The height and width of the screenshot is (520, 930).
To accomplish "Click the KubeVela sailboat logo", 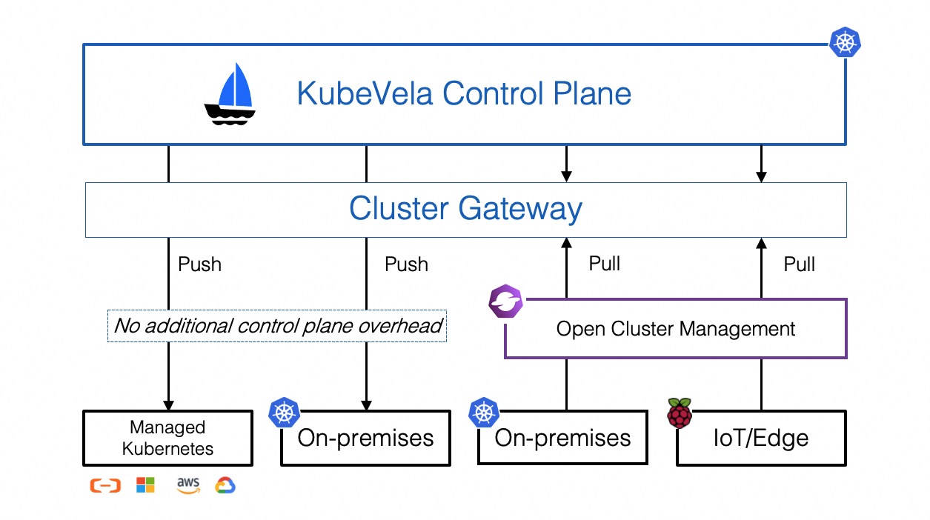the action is pyautogui.click(x=230, y=94).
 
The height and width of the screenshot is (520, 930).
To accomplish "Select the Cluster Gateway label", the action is pyautogui.click(x=465, y=209).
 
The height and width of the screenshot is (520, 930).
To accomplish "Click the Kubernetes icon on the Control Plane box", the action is pyautogui.click(x=845, y=42).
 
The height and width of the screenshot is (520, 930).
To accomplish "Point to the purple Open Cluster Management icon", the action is pyautogui.click(x=505, y=301).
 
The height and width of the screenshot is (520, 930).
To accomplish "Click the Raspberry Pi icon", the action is pyautogui.click(x=680, y=413).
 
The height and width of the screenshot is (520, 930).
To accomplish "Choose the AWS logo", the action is pyautogui.click(x=188, y=485).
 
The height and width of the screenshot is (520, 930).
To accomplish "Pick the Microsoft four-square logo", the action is pyautogui.click(x=145, y=484).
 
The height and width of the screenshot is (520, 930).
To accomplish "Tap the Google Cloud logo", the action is pyautogui.click(x=225, y=485).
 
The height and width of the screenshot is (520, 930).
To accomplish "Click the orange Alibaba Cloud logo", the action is pyautogui.click(x=105, y=485).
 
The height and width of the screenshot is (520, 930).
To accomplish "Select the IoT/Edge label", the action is pyautogui.click(x=760, y=438).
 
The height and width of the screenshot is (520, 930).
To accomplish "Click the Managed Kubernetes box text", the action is pyautogui.click(x=167, y=438).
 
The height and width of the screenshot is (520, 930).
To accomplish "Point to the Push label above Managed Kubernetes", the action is pyautogui.click(x=199, y=264).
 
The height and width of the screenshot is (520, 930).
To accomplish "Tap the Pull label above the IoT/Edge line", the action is pyautogui.click(x=799, y=264).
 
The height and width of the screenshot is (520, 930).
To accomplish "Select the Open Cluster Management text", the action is pyautogui.click(x=676, y=329).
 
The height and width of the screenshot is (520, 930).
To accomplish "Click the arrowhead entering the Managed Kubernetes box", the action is pyautogui.click(x=168, y=405).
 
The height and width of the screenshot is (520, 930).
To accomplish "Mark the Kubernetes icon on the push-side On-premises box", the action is pyautogui.click(x=284, y=413).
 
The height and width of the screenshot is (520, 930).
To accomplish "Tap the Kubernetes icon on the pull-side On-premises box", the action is pyautogui.click(x=484, y=413).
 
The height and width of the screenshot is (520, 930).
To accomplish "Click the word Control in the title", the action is pyautogui.click(x=493, y=93).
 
